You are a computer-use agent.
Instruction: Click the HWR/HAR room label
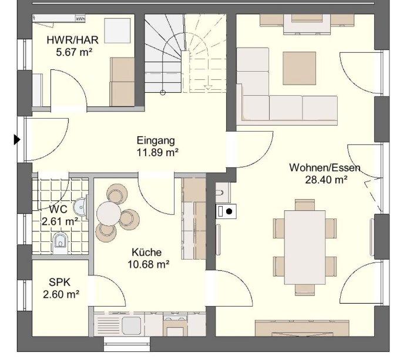(72, 40)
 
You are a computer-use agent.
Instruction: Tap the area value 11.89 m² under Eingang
(157, 153)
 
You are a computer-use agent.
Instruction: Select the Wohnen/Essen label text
(325, 168)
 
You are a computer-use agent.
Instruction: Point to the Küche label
(147, 253)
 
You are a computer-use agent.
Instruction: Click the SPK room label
(60, 282)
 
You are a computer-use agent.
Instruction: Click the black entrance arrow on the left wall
(17, 140)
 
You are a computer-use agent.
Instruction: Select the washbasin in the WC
(80, 207)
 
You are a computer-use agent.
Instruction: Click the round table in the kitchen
(109, 214)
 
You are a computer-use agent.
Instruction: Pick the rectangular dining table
(305, 247)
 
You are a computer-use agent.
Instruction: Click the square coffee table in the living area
(300, 68)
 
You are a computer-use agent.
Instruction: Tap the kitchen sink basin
(132, 325)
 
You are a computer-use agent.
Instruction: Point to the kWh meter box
(80, 19)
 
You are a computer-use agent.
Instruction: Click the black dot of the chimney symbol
(229, 211)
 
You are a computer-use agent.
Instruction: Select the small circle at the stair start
(163, 93)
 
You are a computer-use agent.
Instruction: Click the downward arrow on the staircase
(208, 87)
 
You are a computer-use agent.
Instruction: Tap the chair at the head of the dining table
(305, 204)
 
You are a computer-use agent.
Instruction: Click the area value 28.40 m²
(326, 180)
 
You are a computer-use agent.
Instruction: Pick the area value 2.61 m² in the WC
(60, 221)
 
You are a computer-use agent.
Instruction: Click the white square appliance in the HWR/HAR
(117, 31)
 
